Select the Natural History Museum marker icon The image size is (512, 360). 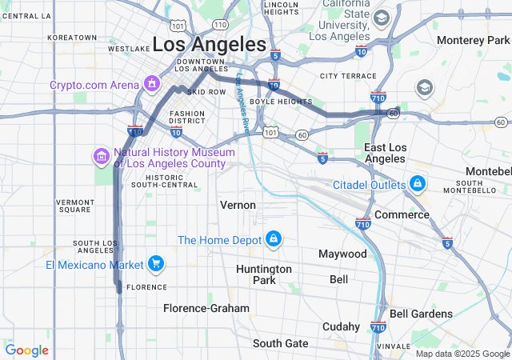pos(102,156)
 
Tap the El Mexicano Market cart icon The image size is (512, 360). pos(155,264)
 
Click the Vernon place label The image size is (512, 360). pos(238,205)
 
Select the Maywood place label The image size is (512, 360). pos(342,254)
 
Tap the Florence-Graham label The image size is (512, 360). pos(206,308)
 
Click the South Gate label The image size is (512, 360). pos(280,343)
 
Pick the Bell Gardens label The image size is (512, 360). pos(421,314)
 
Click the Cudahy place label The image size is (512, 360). pos(342,326)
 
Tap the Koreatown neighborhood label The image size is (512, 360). pos(72,38)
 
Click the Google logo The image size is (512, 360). pos(26,350)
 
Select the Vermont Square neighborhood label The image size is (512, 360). pos(74,205)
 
